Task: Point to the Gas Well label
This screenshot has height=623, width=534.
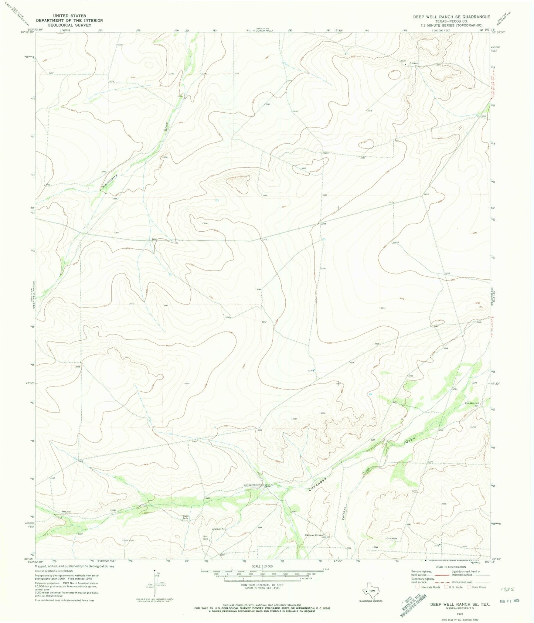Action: coord(206,538)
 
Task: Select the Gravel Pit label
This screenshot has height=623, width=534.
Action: coord(220,529)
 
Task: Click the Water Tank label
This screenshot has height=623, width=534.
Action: coord(186,518)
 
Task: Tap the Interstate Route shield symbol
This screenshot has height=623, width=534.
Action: coord(418,587)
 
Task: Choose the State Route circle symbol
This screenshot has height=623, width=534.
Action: coord(470,587)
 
